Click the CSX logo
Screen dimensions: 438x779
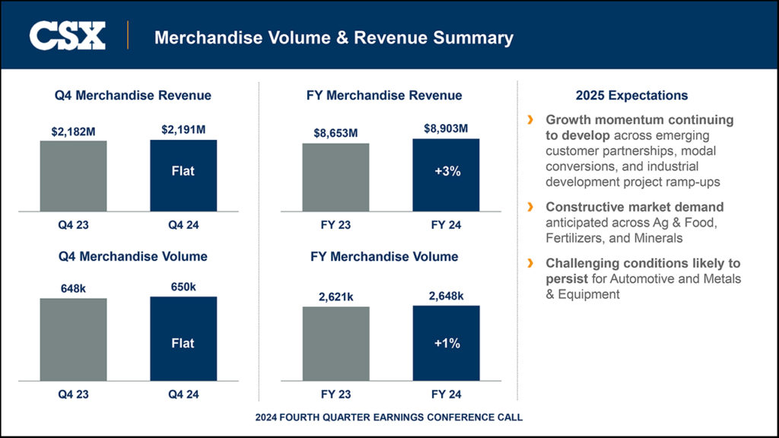[x=67, y=36]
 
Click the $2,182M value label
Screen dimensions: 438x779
[x=74, y=132]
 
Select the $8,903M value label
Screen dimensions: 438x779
[x=446, y=129]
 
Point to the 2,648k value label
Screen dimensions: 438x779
[x=446, y=296]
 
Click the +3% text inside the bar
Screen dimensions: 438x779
[x=447, y=172]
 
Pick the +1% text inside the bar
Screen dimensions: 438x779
[x=447, y=343]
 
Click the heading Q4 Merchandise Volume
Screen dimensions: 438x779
[x=133, y=256]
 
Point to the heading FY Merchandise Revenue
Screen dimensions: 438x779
[x=384, y=95]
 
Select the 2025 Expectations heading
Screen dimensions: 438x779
[x=631, y=95]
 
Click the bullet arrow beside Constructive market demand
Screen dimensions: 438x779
[x=530, y=207]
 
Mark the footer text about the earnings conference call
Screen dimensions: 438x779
[x=389, y=417]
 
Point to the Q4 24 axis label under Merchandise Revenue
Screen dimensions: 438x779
[x=183, y=225]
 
